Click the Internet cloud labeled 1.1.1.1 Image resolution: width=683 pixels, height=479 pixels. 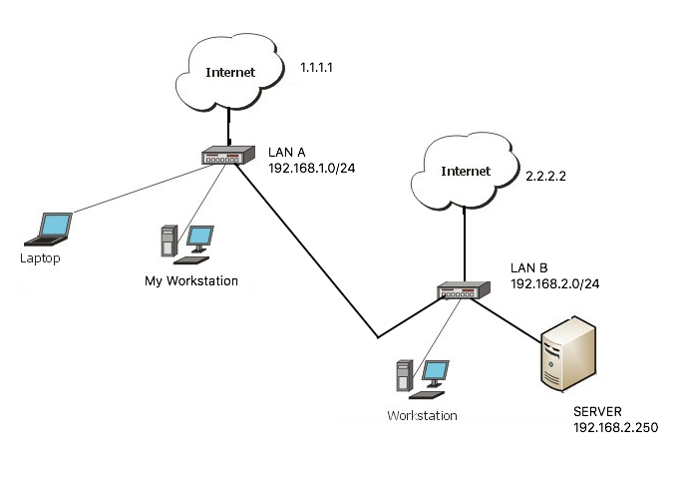click(x=229, y=73)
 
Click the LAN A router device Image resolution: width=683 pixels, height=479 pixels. click(x=228, y=157)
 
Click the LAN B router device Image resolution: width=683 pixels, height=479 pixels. click(x=465, y=291)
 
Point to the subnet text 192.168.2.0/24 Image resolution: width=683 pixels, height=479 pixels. click(x=554, y=283)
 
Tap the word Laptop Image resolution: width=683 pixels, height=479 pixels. click(x=40, y=258)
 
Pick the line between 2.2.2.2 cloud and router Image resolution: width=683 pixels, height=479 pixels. click(x=465, y=239)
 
